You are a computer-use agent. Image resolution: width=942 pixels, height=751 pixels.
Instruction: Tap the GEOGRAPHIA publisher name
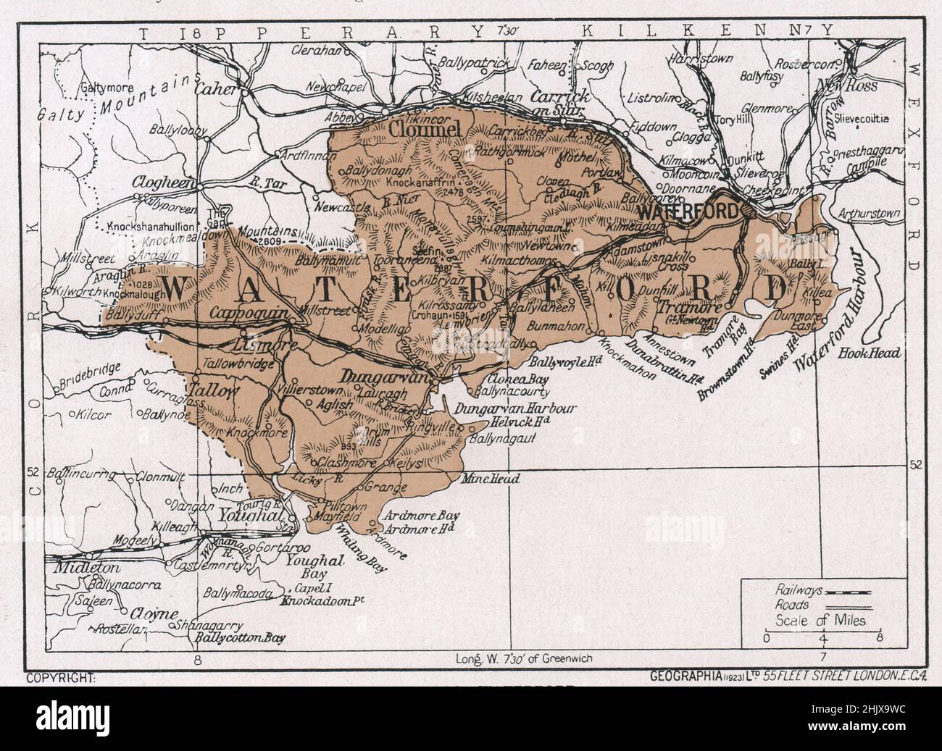click(683, 677)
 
